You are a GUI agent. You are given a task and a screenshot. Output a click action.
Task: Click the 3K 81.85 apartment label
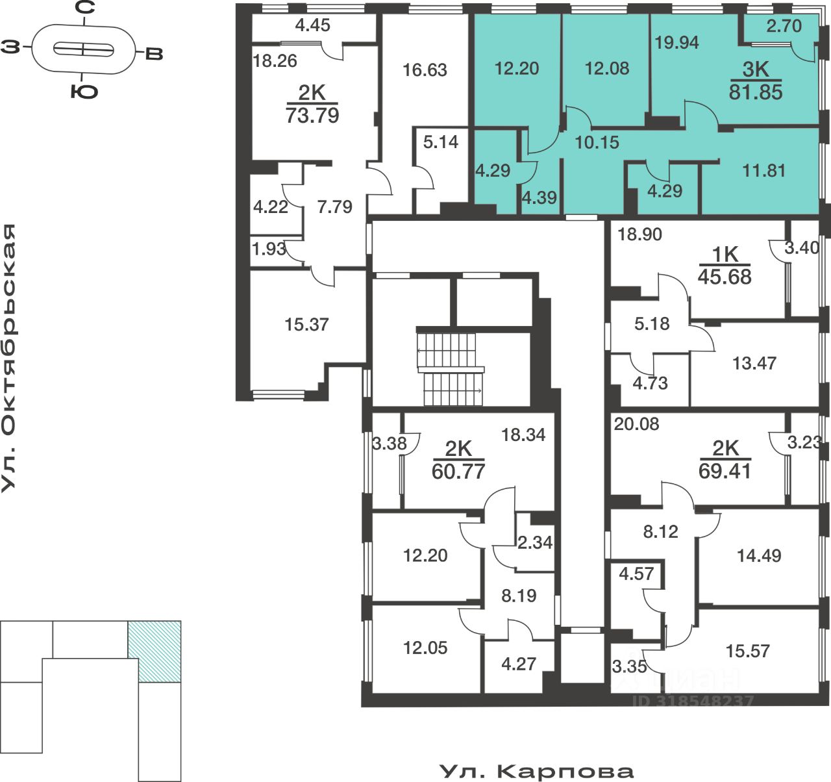tap(755, 81)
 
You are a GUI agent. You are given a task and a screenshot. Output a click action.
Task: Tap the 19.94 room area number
tap(676, 43)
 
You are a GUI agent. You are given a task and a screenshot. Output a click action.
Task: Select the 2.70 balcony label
tap(784, 26)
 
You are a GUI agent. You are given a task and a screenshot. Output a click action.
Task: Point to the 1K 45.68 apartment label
tap(725, 266)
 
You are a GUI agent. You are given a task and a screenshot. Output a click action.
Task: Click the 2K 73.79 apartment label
tap(312, 104)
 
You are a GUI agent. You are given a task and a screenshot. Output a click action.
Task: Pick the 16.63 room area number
tap(425, 70)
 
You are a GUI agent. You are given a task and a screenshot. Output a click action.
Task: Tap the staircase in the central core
tap(451, 368)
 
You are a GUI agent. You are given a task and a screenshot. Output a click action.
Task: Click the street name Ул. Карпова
tap(536, 771)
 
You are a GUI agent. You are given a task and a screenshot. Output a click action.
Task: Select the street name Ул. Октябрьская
tap(8, 358)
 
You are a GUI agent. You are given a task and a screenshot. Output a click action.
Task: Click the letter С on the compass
tap(85, 8)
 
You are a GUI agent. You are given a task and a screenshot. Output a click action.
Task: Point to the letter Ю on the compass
tap(84, 92)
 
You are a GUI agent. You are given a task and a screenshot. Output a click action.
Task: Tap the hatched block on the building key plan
tap(155, 651)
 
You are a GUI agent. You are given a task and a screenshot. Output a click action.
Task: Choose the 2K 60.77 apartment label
tap(458, 460)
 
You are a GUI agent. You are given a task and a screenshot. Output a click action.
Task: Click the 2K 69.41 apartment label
tap(725, 460)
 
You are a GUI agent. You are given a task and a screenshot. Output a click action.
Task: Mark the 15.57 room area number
tap(747, 651)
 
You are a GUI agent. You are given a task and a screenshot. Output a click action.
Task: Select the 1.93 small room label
tap(269, 249)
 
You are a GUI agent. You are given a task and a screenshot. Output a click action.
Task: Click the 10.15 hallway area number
tap(597, 143)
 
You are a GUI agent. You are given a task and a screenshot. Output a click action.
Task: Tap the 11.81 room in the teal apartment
tap(763, 171)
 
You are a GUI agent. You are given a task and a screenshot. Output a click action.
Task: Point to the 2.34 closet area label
tap(534, 542)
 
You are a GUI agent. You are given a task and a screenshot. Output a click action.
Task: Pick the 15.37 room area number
tap(306, 324)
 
